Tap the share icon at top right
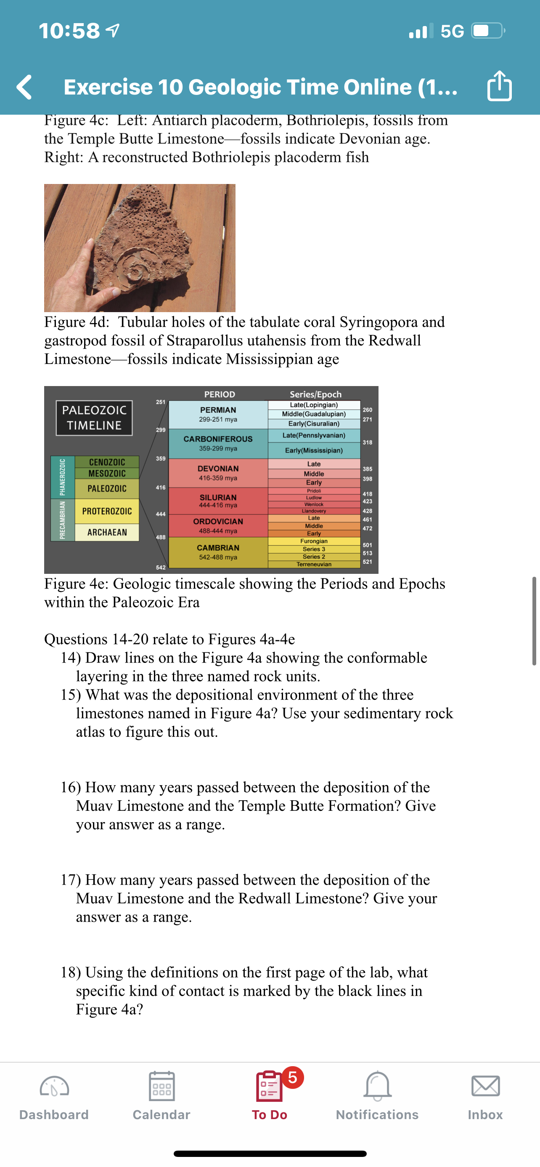click(499, 86)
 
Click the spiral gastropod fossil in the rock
click(135, 270)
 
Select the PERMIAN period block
click(218, 414)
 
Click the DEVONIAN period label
click(218, 468)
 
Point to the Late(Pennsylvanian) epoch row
click(314, 435)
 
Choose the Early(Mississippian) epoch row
click(314, 450)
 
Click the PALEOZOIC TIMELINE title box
click(94, 418)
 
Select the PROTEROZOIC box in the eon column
click(107, 511)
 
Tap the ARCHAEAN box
click(107, 532)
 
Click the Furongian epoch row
click(314, 541)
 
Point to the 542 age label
click(161, 568)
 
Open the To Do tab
click(269, 1094)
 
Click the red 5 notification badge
click(293, 1077)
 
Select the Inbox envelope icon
click(486, 1086)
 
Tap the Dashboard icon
click(54, 1086)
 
